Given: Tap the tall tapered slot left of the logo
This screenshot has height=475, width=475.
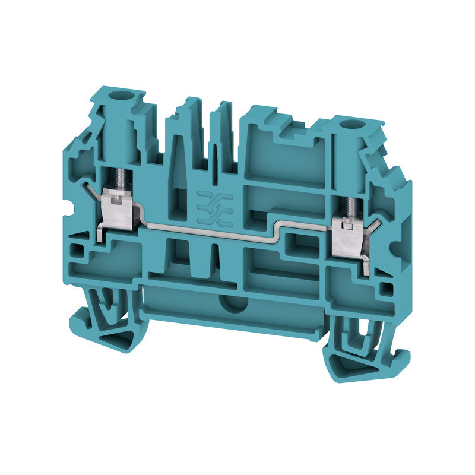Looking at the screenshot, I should pyautogui.click(x=180, y=172).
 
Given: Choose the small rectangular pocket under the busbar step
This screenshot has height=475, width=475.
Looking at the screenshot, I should pyautogui.click(x=295, y=243).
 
